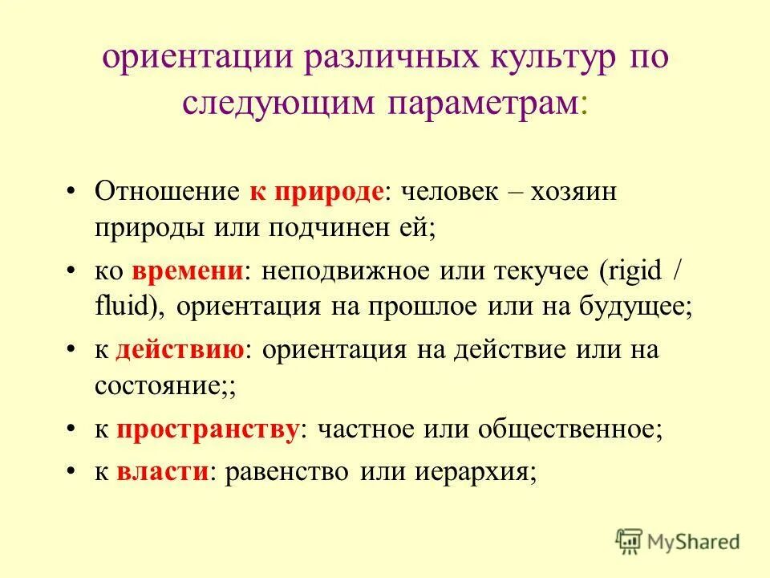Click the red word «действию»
pos(180,351)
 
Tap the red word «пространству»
pos(208,429)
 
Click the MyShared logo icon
pos(630,540)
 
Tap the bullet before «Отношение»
pos(71,193)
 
